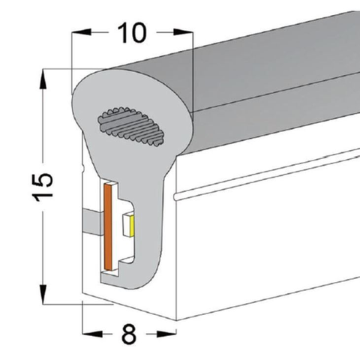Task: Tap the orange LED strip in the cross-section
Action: (109, 226)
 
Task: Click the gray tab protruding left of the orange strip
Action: (91, 221)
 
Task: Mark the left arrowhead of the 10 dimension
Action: (76, 33)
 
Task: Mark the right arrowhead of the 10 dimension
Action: (187, 33)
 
